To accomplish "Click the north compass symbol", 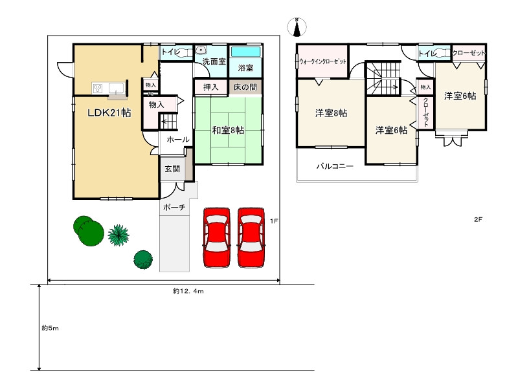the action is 297,27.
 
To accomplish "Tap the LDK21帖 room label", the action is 109,113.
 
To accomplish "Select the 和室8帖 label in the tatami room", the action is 228,131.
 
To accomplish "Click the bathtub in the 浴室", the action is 245,52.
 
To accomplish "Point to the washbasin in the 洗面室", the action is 201,50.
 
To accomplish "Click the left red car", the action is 216,237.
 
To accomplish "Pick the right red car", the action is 251,237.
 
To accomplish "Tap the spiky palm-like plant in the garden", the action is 118,235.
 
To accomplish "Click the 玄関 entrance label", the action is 172,169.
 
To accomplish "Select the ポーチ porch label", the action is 174,208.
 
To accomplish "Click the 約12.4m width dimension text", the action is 188,291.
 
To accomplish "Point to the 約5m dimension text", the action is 51,329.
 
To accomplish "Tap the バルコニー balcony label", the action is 335,166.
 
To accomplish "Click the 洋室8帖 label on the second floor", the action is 331,113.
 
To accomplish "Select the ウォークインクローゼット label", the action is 322,61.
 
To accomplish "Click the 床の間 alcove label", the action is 245,87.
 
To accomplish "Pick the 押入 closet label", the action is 211,87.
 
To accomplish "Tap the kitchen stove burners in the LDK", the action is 98,89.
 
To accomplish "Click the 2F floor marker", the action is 478,219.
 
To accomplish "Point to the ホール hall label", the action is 177,140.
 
